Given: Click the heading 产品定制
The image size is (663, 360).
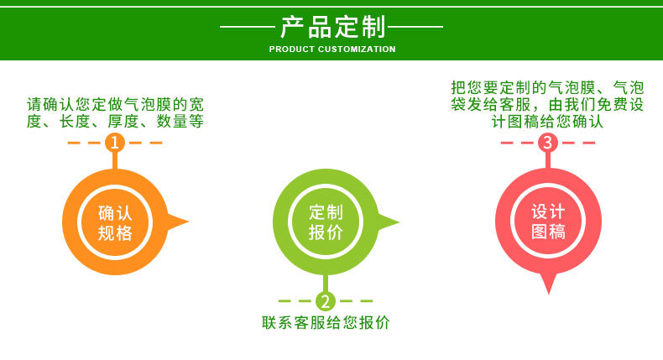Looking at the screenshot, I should (331, 27).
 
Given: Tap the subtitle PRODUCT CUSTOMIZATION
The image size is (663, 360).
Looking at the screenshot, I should (331, 50).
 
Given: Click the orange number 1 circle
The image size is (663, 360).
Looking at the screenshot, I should (115, 143).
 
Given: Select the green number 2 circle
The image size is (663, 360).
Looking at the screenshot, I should (326, 301).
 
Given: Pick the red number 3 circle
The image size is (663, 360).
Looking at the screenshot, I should (547, 143).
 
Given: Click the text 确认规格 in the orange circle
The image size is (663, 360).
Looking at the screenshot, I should (115, 222).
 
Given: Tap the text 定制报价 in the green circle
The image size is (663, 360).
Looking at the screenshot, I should (326, 222).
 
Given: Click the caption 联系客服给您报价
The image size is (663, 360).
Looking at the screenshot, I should (326, 322).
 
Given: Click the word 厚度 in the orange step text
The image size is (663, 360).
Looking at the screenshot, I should (120, 122).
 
